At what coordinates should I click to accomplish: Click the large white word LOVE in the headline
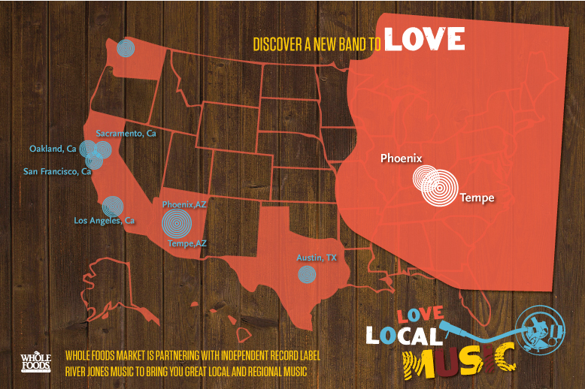424,40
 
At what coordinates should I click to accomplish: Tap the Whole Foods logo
35,361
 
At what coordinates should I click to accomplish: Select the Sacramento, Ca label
126,134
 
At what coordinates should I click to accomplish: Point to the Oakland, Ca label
53,149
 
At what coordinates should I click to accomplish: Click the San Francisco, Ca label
57,172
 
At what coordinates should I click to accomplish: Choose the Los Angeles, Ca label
104,221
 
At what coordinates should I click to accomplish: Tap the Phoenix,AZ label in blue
184,204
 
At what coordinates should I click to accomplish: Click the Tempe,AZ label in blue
187,243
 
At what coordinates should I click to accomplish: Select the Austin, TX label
317,258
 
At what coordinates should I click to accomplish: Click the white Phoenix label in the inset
401,158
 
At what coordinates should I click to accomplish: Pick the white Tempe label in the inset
477,198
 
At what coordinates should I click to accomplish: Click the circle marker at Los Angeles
112,206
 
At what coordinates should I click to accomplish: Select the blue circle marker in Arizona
176,222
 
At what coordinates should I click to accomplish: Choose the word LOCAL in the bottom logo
405,335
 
